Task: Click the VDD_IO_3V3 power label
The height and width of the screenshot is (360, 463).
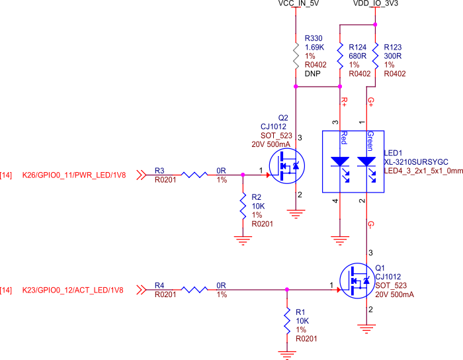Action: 375,4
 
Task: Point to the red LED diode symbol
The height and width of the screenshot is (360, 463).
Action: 340,161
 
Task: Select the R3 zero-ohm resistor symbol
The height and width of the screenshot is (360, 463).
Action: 194,175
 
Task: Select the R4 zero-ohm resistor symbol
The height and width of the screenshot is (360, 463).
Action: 194,289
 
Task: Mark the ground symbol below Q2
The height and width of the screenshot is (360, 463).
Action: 296,213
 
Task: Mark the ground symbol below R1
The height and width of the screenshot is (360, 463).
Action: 287,354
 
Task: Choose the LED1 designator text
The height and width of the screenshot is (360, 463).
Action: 393,152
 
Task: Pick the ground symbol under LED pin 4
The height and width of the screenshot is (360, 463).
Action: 340,240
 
